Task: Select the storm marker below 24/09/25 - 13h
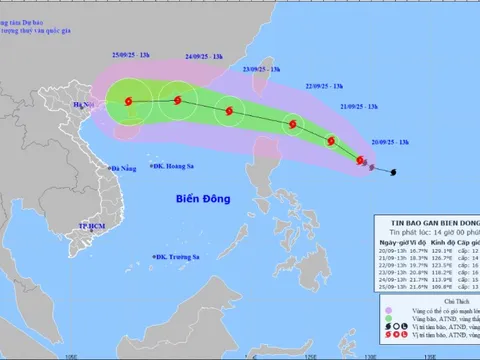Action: tap(178, 100)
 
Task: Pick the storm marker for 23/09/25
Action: tap(232, 111)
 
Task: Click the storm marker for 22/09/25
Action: tap(293, 125)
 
